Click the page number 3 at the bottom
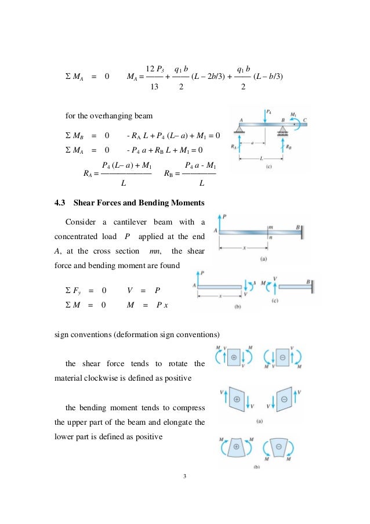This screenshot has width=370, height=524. point(184,476)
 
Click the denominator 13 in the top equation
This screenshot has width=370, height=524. point(154,88)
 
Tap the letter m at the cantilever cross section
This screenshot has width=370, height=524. point(270,226)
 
